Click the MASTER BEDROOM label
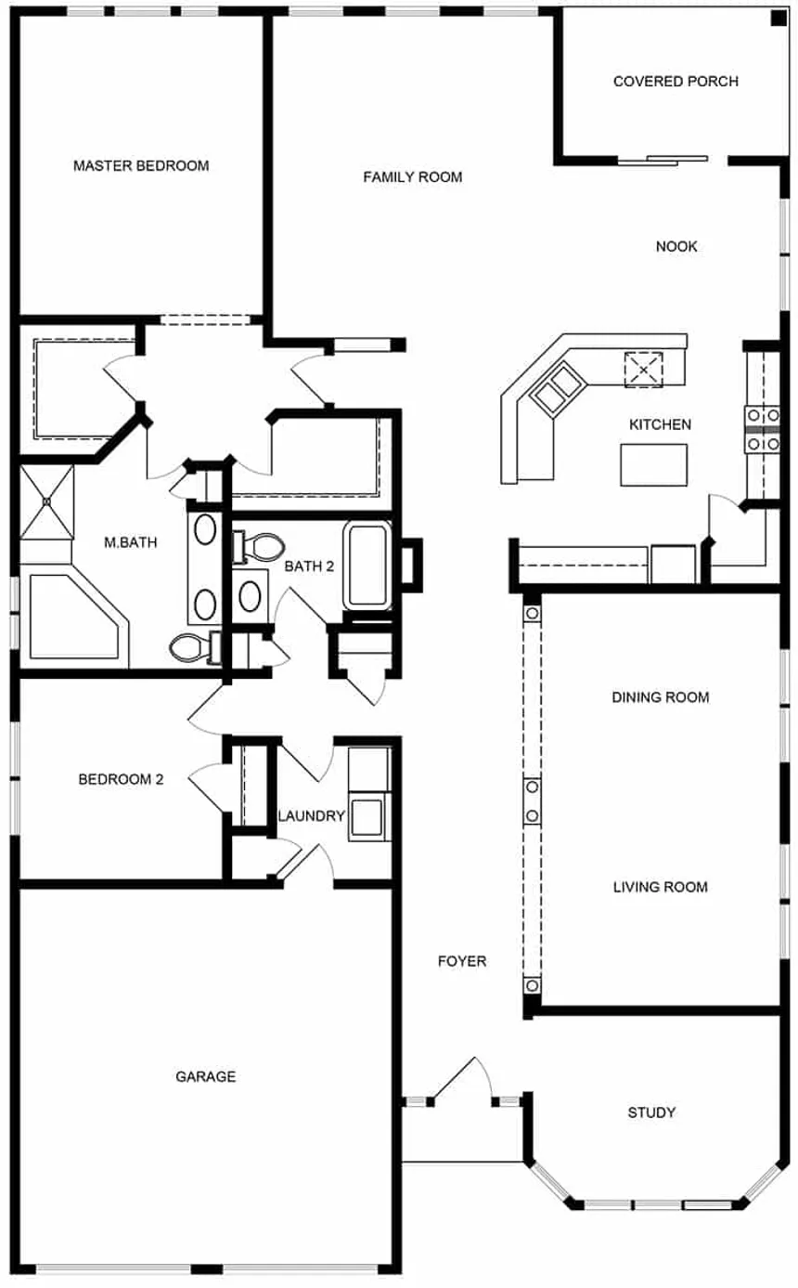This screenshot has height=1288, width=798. point(141,166)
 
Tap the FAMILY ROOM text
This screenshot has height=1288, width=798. point(412,176)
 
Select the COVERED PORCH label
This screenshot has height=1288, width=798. point(676,82)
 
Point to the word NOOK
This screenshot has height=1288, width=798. point(676,247)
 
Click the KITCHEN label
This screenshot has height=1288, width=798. point(660,425)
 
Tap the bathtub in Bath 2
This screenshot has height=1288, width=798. point(367,566)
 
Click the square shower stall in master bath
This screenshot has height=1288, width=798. point(46,501)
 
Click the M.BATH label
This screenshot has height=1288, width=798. point(130,542)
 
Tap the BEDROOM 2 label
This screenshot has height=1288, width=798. point(121,779)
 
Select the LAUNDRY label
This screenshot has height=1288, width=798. point(312,816)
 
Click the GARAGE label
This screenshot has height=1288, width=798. point(205,1077)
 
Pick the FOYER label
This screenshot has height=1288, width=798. point(462,961)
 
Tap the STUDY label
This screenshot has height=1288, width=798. point(651,1112)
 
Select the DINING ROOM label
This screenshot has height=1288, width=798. point(661,697)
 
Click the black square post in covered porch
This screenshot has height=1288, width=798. point(778,20)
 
